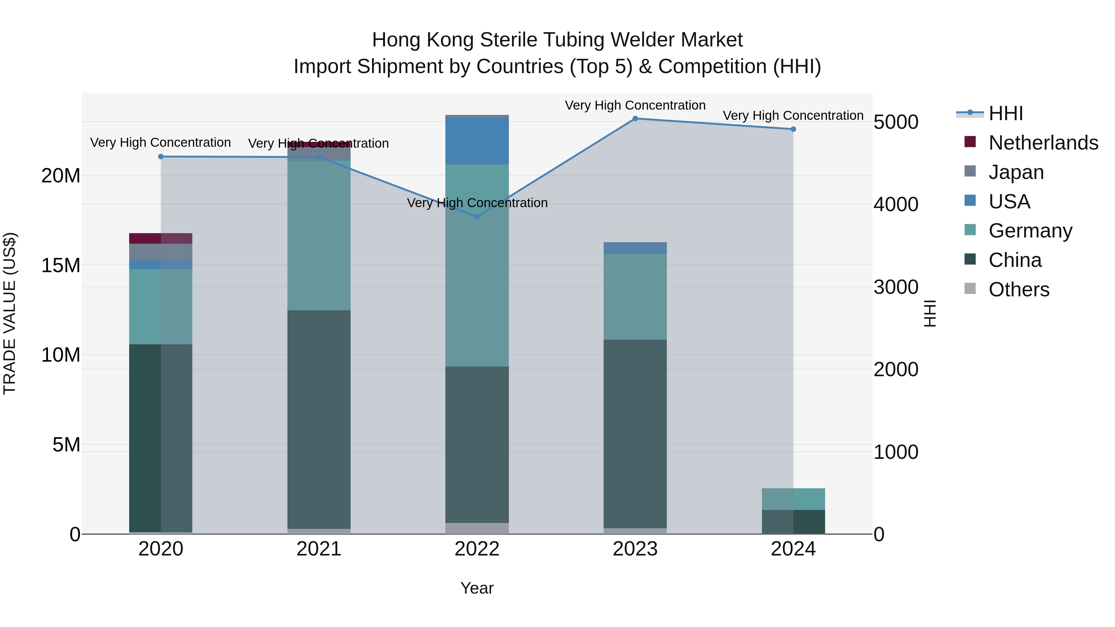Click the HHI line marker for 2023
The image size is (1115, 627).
coord(635,119)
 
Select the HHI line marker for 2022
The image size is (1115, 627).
coord(477,217)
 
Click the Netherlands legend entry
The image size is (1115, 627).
coord(1043,143)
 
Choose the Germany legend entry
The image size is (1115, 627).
coord(1030,231)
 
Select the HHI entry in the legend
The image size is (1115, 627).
coord(1005,113)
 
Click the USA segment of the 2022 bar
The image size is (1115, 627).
coord(477,141)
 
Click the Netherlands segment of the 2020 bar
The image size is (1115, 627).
coord(160,238)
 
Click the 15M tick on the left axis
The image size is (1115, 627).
coord(61,266)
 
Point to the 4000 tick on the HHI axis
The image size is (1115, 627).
coord(895,204)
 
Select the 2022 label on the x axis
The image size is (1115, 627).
coord(477,549)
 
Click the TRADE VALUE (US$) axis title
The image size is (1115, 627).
coord(10,313)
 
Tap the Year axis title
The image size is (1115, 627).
coord(477,588)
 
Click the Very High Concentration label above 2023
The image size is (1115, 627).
coord(635,105)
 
